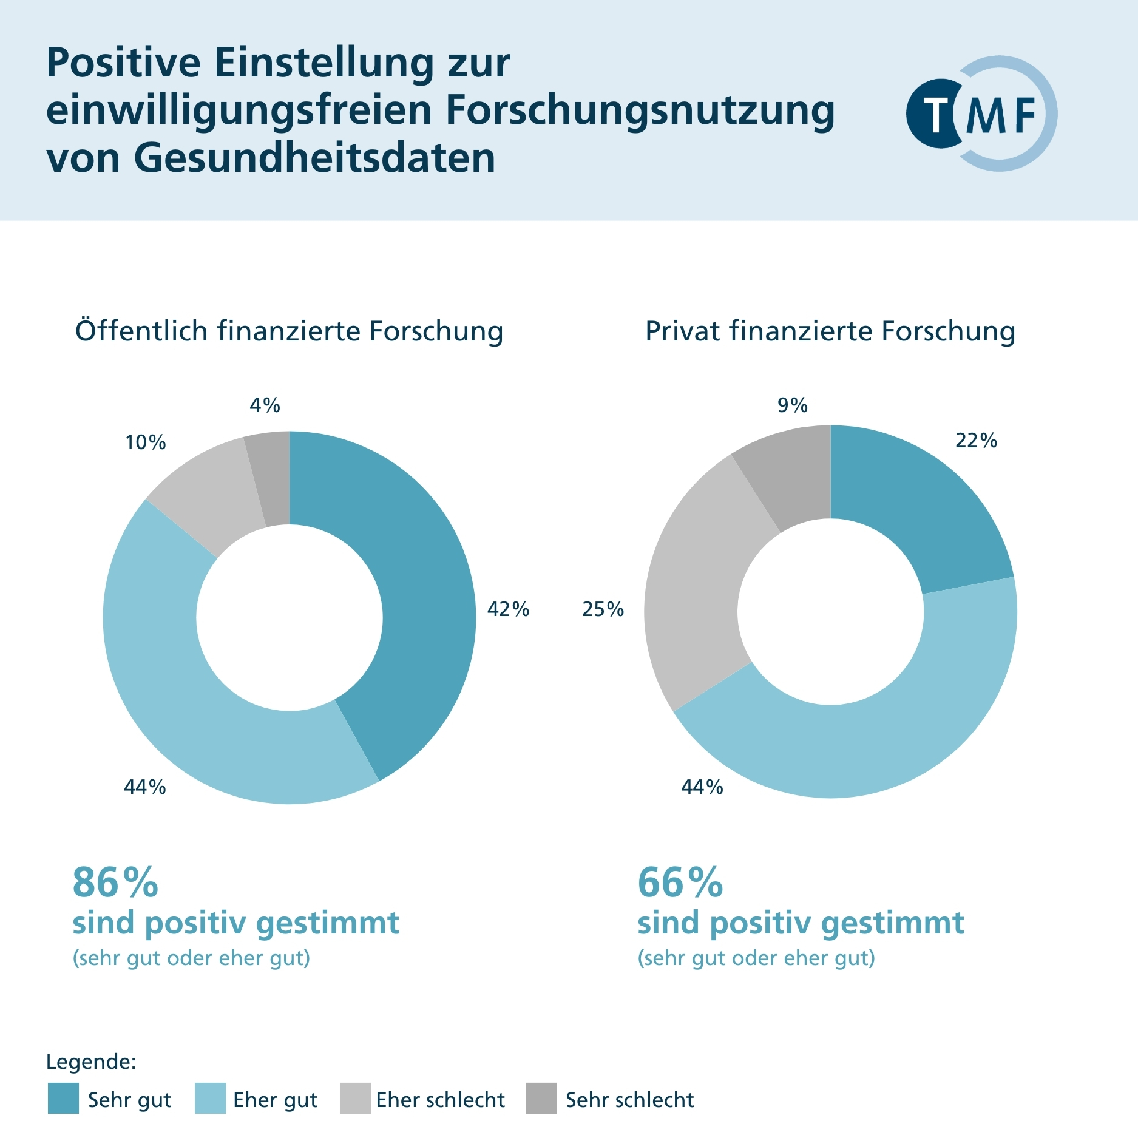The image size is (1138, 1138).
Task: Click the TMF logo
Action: (981, 113)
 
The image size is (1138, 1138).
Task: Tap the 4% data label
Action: (265, 405)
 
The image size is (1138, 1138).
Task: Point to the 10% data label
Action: (146, 442)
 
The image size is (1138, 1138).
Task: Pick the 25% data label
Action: (603, 609)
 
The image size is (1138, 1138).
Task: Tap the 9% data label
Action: (793, 405)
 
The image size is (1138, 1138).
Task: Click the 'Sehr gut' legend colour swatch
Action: (63, 1099)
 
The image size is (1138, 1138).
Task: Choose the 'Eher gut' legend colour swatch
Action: (210, 1099)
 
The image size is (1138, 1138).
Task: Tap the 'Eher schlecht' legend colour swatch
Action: (355, 1099)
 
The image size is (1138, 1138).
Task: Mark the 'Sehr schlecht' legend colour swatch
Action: (541, 1099)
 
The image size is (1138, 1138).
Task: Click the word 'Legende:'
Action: (91, 1062)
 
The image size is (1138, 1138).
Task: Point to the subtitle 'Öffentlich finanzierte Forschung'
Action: (289, 331)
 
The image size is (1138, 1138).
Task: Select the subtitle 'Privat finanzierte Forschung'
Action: (830, 331)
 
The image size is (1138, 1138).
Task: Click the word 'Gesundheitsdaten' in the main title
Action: (314, 158)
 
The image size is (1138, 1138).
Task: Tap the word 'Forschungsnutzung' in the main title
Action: (640, 110)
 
